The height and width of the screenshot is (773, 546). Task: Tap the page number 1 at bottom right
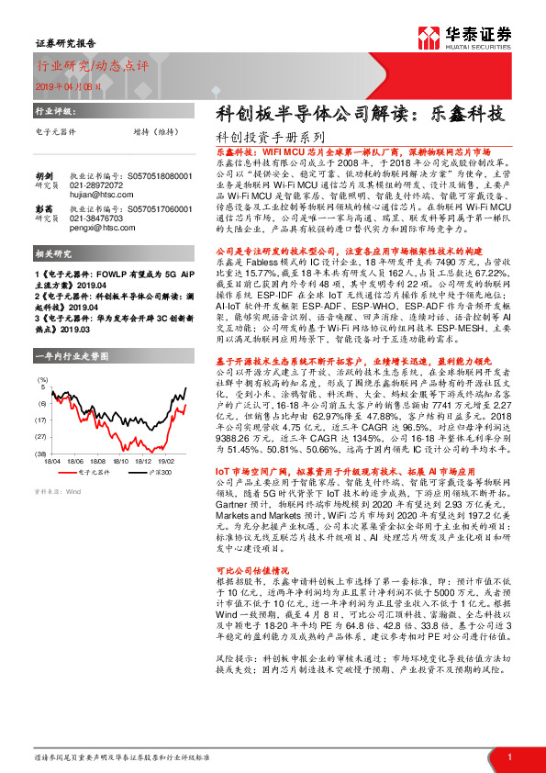click(x=508, y=756)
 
